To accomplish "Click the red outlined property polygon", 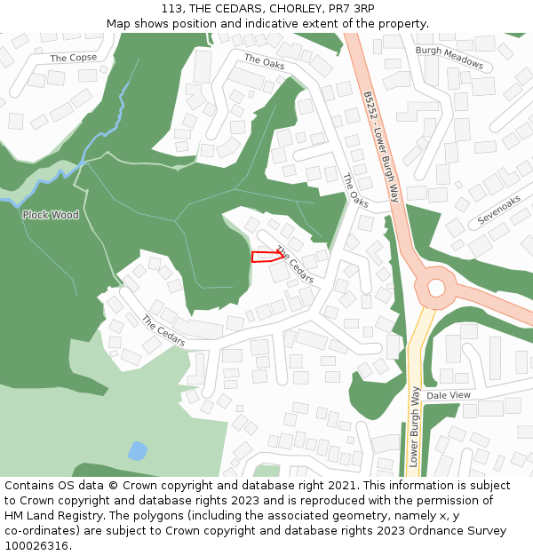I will coord(266,257).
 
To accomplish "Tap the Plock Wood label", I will coord(51,215).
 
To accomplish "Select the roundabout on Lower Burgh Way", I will coord(436,287).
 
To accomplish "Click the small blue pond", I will coord(137,451).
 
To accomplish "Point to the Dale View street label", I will coord(449,395).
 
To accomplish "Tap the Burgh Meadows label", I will coord(449,58).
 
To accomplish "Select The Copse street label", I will coord(74,58).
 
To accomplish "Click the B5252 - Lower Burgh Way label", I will coord(379,147).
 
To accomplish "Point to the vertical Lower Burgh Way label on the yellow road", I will coord(414,426).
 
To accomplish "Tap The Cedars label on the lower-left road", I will coord(163,330).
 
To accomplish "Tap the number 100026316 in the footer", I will coord(36,545).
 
